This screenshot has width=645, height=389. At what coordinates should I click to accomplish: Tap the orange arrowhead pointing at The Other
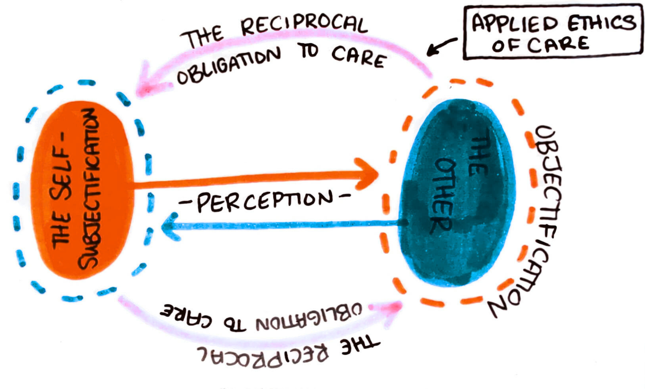(367, 174)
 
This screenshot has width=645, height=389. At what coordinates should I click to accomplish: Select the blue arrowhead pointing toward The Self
(171, 227)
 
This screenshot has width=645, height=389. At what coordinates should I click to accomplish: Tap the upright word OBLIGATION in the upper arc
(229, 66)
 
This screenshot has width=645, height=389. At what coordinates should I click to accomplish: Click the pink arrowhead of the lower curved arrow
(387, 311)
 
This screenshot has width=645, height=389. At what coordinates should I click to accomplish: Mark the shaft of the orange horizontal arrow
(245, 180)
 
